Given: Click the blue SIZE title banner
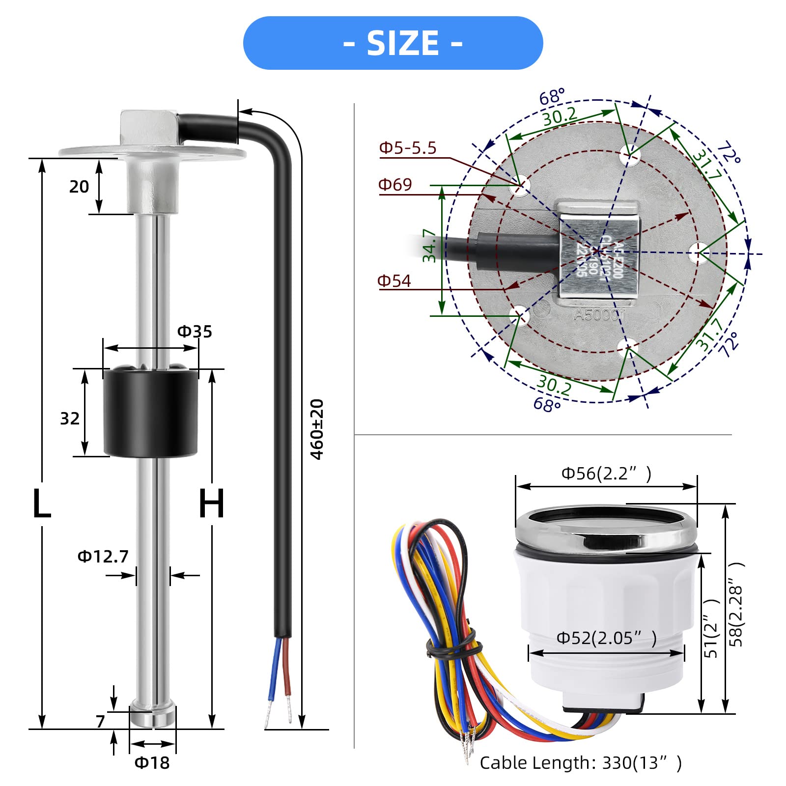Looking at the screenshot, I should [393, 43].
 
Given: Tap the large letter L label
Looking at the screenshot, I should [42, 504].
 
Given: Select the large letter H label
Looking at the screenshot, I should [212, 504].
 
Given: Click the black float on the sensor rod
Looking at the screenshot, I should [150, 413].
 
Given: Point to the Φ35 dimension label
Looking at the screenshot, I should [195, 332].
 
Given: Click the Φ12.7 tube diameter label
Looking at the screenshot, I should [103, 557].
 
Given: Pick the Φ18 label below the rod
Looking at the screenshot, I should [152, 763].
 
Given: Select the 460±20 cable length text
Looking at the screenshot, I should [317, 429].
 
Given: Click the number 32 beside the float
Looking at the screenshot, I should [70, 419].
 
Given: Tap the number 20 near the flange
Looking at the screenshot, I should [79, 187].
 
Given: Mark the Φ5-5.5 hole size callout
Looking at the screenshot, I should [408, 148].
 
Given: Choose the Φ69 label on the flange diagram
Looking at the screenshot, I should [395, 185].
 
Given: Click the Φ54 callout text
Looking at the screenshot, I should [394, 281].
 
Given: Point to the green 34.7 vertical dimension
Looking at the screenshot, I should [429, 246].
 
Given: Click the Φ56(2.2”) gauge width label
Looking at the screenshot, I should [606, 474].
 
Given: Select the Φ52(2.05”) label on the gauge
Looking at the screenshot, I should [606, 638].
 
